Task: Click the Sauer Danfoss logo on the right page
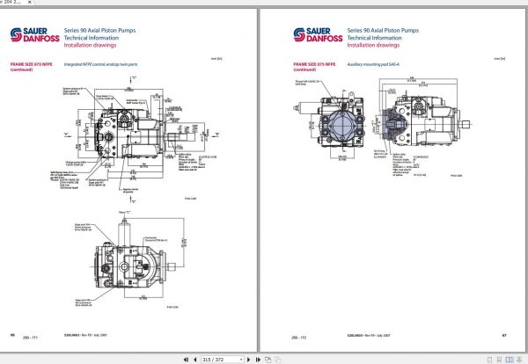coord(314,36)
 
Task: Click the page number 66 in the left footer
coord(12,335)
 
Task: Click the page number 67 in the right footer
coord(504,335)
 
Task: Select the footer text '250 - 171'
coord(29,339)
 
